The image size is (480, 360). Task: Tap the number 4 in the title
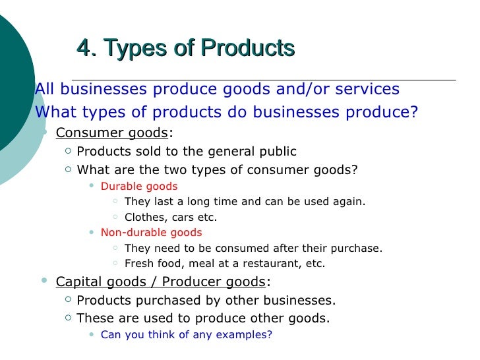coord(83,48)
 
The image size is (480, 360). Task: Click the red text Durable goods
coord(139,187)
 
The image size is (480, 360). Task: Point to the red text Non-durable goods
coord(151,233)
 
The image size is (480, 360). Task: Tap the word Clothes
coord(143,217)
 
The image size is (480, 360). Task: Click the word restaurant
coord(267,264)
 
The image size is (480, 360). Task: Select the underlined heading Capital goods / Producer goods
coord(160,282)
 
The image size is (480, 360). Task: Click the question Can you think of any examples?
coord(186,334)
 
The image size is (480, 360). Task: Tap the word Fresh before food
coord(138,264)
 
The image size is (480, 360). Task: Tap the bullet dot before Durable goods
coord(91,187)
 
